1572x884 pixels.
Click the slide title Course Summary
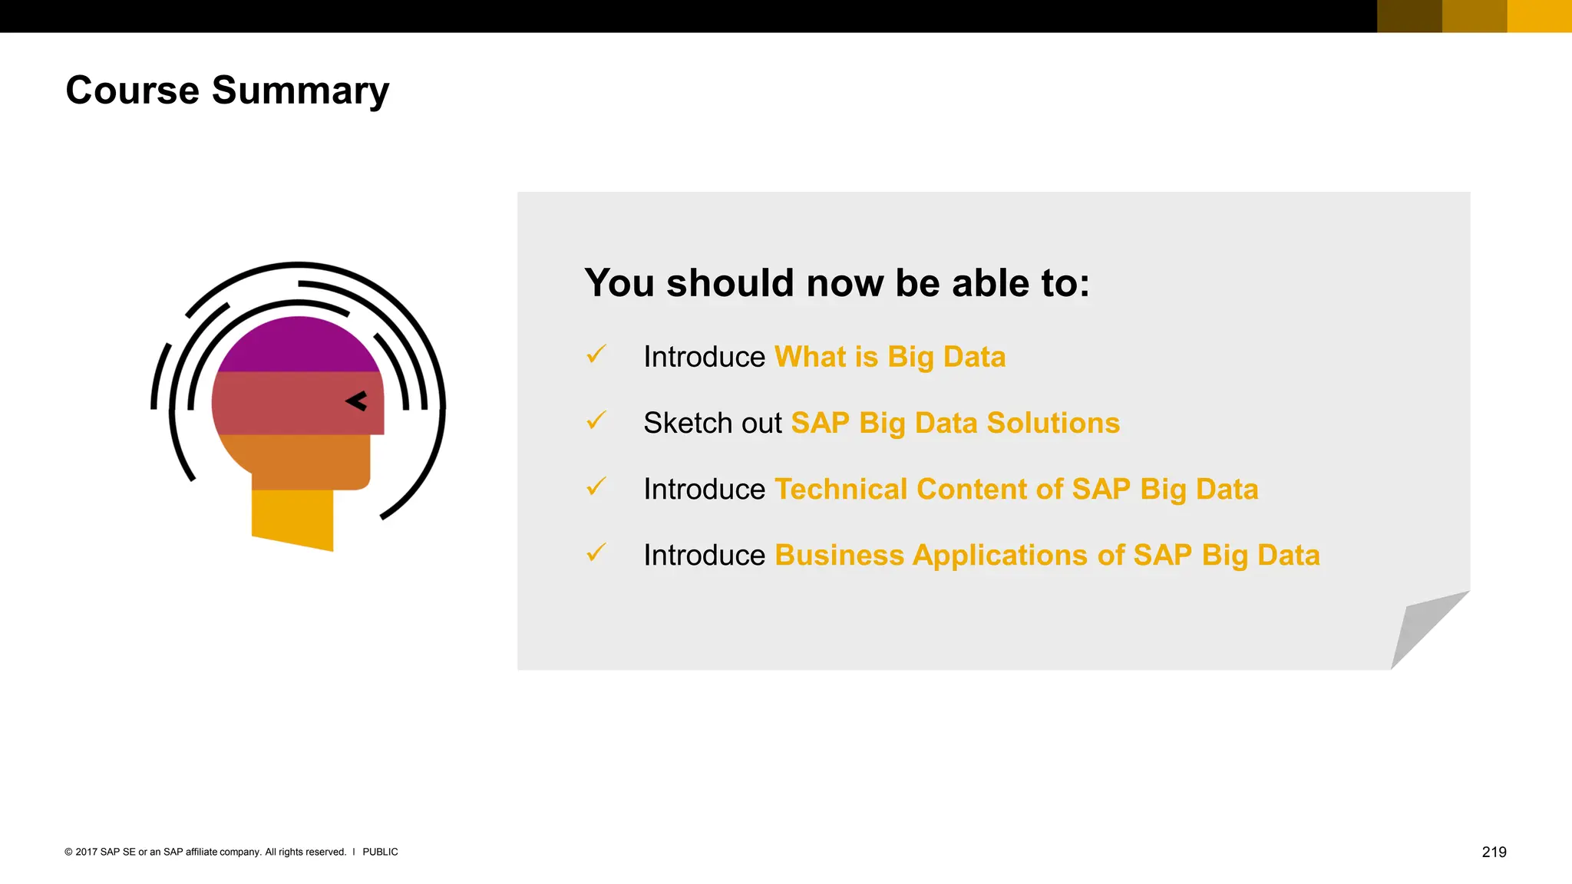227,91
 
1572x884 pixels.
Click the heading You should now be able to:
837,283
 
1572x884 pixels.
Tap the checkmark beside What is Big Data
596,355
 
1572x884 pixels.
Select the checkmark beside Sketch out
596,421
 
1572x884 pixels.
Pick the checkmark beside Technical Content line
596,487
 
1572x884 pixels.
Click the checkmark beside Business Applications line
596,552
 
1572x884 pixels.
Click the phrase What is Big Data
890,358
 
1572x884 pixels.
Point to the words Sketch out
712,424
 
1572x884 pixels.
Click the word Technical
840,490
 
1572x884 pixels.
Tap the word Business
839,556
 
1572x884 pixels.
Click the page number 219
1494,852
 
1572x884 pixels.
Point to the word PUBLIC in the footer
380,852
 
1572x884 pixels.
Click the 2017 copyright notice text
205,852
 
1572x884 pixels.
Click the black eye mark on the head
357,401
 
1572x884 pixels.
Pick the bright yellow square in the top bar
1539,16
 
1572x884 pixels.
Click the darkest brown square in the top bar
1409,16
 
